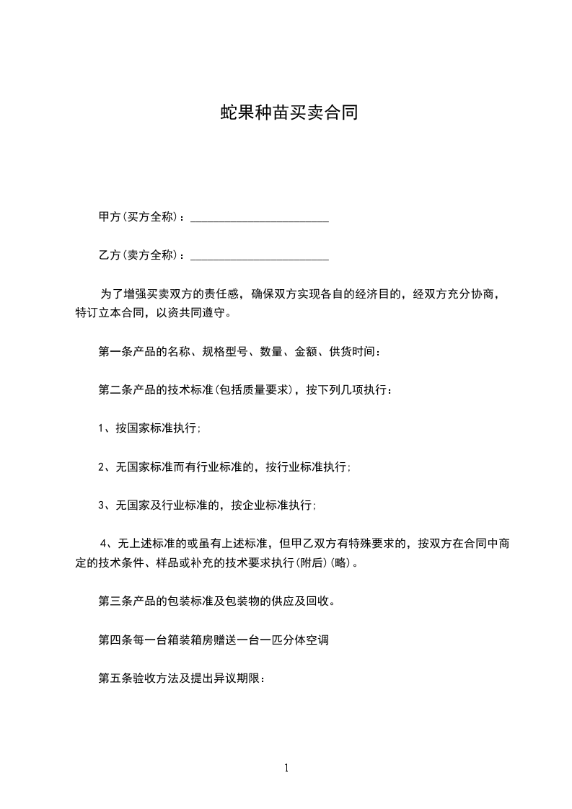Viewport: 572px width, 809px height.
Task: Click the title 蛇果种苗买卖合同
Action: pyautogui.click(x=289, y=114)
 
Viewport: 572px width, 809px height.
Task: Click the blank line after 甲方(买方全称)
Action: pyautogui.click(x=259, y=218)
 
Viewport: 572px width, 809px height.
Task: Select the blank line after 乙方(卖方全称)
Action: pyautogui.click(x=259, y=256)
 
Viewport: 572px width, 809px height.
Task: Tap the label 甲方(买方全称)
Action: pyautogui.click(x=140, y=217)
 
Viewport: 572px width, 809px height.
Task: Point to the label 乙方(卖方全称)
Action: pyautogui.click(x=140, y=255)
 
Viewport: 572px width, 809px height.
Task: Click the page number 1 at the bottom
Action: pyautogui.click(x=286, y=768)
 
